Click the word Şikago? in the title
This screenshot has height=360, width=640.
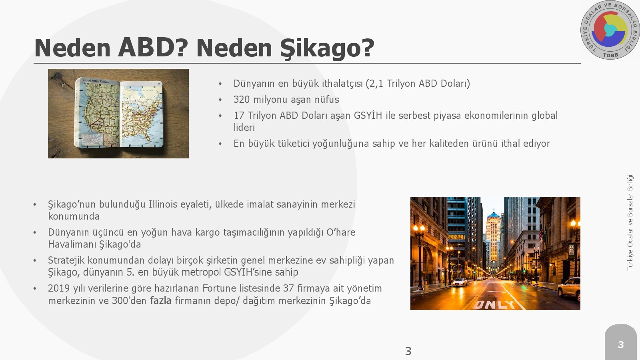pos(327,48)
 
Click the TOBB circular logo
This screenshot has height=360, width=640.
pos(610,30)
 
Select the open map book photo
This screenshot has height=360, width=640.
pos(118,114)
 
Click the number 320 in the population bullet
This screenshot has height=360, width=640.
pos(242,100)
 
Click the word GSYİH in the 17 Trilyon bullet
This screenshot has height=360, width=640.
pos(368,115)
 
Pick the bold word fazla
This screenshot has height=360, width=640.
pos(160,300)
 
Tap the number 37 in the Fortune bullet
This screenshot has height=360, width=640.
pos(288,288)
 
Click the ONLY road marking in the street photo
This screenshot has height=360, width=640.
pos(494,305)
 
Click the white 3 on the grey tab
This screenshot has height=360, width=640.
pos(620,344)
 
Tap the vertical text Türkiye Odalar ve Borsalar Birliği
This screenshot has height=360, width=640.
pos(630,222)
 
